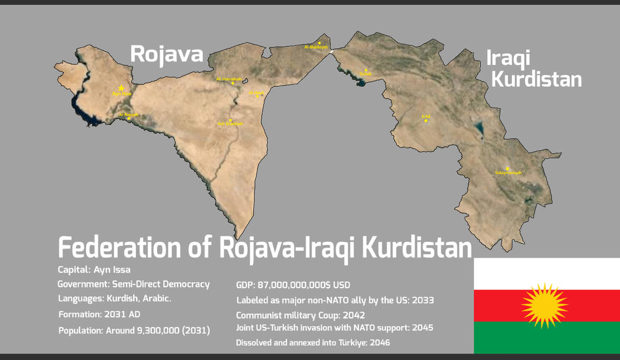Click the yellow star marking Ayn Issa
point(121,88)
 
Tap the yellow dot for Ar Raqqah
point(129,118)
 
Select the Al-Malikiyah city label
point(316,48)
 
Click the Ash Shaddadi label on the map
point(230,124)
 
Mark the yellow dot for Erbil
point(425,121)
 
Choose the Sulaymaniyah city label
point(508,173)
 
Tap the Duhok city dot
point(366,70)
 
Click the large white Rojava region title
point(166,54)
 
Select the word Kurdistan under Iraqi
point(536,79)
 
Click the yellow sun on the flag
point(544,305)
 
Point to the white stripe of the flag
point(547,273)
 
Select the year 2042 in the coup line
point(354,316)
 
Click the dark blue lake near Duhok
point(361,83)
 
